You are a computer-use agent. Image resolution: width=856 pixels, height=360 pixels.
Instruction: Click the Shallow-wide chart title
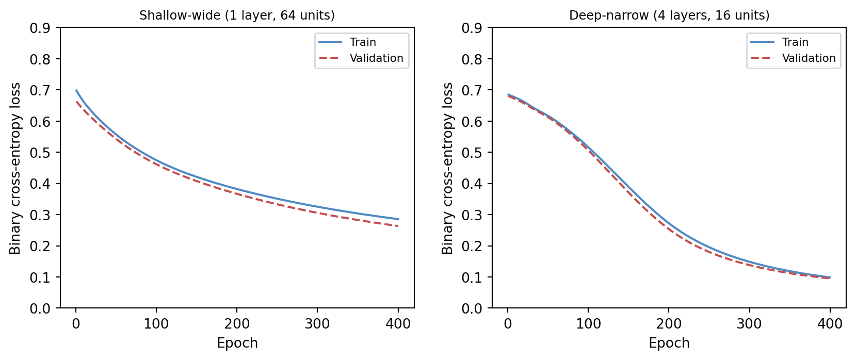click(237, 15)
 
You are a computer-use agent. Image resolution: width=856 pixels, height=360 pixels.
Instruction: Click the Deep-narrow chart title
click(669, 15)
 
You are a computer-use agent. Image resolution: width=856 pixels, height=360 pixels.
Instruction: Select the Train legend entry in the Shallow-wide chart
click(363, 42)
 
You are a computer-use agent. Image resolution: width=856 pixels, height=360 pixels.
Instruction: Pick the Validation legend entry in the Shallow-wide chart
click(376, 58)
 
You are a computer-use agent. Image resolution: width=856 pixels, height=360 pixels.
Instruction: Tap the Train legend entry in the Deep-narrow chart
click(795, 42)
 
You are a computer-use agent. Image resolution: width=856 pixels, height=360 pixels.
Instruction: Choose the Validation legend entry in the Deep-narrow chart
click(809, 58)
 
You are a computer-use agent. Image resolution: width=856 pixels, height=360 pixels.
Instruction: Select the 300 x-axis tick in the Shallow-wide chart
click(317, 324)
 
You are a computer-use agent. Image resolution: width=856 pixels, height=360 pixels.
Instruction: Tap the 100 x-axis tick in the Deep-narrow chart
click(588, 324)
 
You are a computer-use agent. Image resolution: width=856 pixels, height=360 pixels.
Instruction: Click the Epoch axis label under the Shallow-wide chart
click(237, 343)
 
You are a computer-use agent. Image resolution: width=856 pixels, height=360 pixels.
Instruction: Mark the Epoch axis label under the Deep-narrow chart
click(669, 343)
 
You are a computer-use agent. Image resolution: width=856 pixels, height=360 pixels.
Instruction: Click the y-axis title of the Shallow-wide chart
click(15, 168)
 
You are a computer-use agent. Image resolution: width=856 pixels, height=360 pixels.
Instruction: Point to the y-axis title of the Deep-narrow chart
click(447, 168)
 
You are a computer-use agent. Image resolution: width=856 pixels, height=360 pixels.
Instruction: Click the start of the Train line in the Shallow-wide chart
click(76, 90)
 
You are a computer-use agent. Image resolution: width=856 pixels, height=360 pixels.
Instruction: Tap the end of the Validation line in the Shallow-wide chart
click(398, 226)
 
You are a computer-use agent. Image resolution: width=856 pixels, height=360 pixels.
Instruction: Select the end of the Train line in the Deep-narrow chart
click(830, 277)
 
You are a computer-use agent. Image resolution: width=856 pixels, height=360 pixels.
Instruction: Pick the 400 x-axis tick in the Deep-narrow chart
click(830, 324)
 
